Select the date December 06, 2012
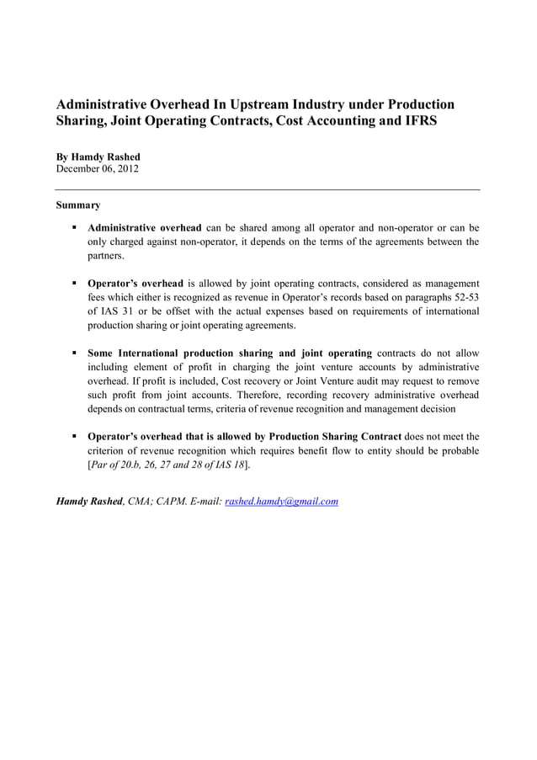(97, 168)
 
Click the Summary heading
(78, 205)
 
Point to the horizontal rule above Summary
(268, 190)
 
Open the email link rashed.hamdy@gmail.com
(282, 502)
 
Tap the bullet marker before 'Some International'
(75, 353)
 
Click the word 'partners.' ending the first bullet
(106, 256)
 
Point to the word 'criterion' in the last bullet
(109, 451)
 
